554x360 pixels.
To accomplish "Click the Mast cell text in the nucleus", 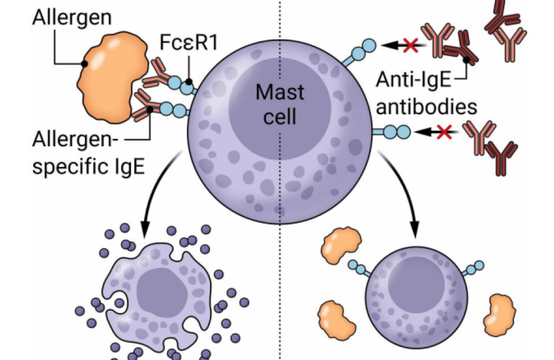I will (x=275, y=103).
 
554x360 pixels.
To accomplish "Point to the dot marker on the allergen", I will (x=84, y=64).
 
